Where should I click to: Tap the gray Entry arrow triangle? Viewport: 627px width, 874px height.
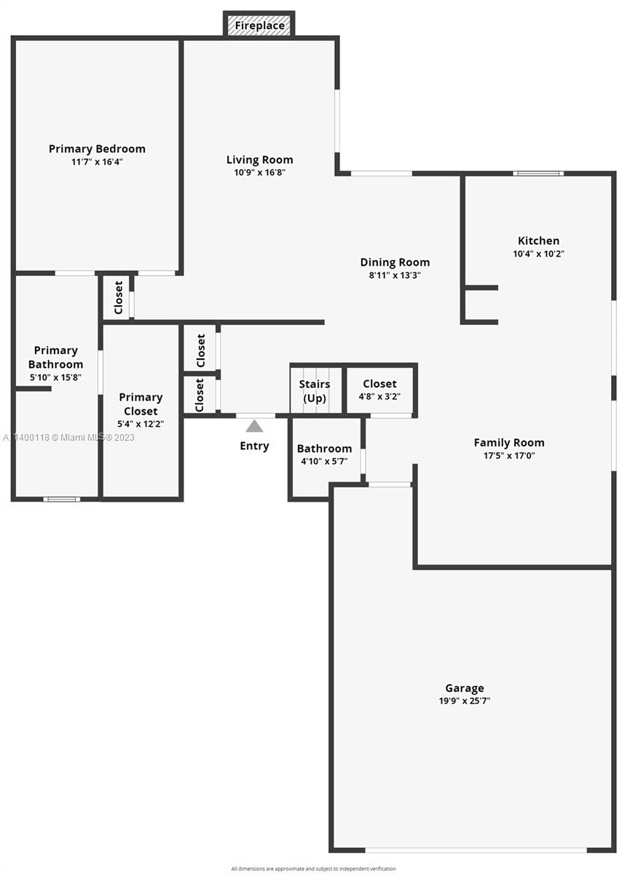coord(254,426)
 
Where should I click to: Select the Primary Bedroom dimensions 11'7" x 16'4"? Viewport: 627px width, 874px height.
coord(97,162)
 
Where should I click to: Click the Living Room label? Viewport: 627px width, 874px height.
coord(259,160)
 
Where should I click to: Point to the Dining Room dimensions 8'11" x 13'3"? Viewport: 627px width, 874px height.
coord(395,275)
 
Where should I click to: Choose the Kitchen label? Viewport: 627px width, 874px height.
coord(538,240)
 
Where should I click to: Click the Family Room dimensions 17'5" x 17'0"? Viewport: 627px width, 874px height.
coord(509,455)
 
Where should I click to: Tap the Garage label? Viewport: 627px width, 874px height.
coord(465,688)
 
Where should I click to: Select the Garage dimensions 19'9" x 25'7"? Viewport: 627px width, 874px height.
coord(465,701)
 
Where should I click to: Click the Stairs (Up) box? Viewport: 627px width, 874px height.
coord(315,390)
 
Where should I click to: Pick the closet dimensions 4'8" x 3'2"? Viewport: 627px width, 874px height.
coord(379,396)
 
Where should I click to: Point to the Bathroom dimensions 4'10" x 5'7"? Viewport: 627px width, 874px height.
coord(324,461)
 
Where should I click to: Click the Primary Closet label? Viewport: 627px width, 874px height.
coord(141,403)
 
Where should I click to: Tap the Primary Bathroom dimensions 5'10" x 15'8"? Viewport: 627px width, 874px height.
coord(55,377)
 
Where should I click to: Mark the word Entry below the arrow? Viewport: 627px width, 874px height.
coord(254,446)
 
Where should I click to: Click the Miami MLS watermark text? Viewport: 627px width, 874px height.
coord(68,438)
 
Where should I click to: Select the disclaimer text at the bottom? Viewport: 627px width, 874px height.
coord(313,868)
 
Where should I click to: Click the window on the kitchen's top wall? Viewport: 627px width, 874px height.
coord(538,173)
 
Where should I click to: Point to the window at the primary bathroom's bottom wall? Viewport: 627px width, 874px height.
coord(62,499)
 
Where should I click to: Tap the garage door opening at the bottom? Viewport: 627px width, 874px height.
coord(476,850)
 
